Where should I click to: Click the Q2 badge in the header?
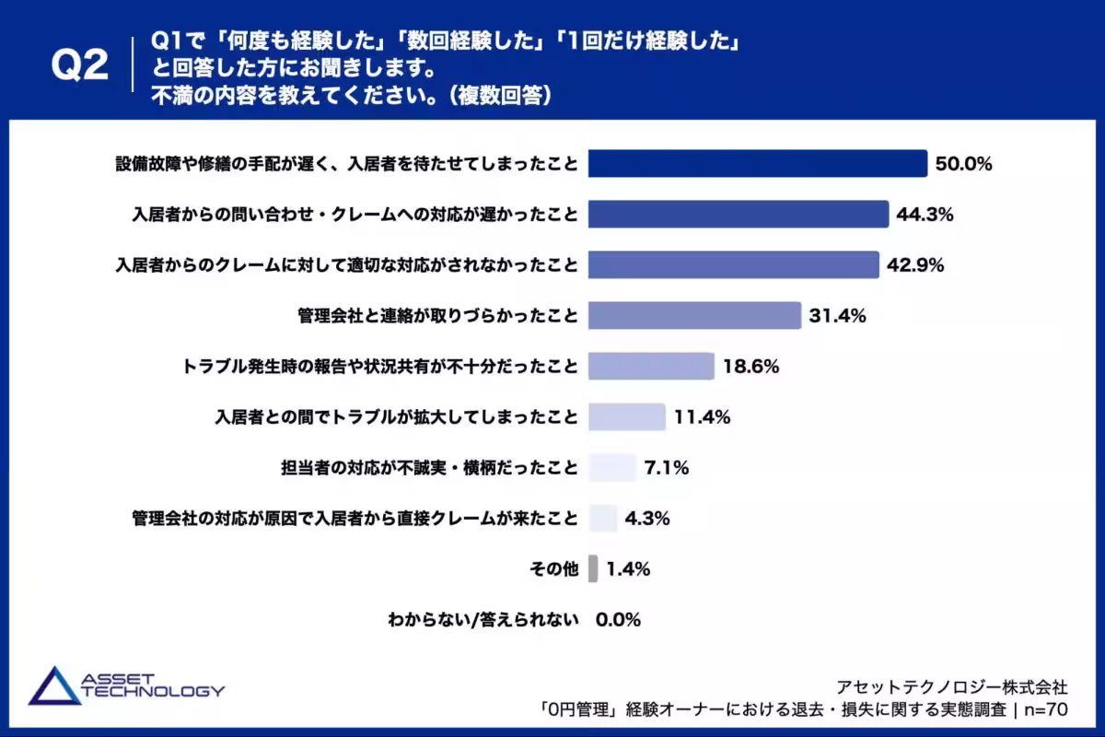click(79, 66)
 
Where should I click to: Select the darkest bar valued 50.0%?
click(757, 164)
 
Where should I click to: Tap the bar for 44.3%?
click(738, 215)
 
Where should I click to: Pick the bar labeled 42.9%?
click(733, 265)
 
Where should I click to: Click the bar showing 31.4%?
click(694, 316)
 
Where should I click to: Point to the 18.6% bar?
click(651, 367)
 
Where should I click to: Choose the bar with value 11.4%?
click(626, 417)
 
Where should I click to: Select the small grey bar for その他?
click(593, 568)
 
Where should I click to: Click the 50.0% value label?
click(963, 165)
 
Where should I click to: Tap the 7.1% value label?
click(667, 468)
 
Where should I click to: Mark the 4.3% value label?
click(647, 519)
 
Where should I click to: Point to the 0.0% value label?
click(618, 620)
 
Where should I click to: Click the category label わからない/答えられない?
click(483, 620)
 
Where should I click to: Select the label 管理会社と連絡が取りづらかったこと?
click(437, 316)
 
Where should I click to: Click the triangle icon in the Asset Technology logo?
click(54, 686)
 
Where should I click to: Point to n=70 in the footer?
click(1045, 709)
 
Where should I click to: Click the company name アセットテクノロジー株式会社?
click(951, 686)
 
